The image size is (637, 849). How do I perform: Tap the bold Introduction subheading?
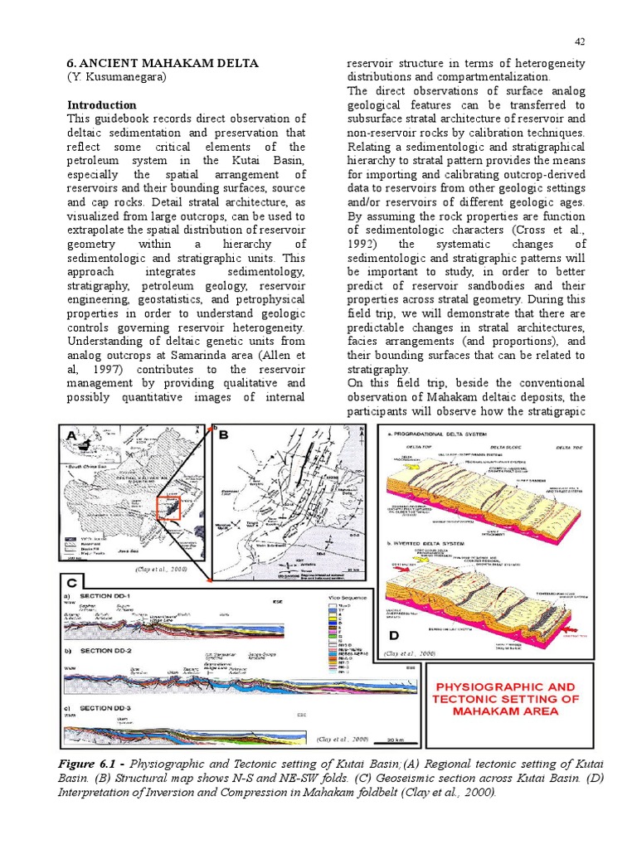coord(101,105)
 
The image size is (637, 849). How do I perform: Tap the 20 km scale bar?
coord(395,738)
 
